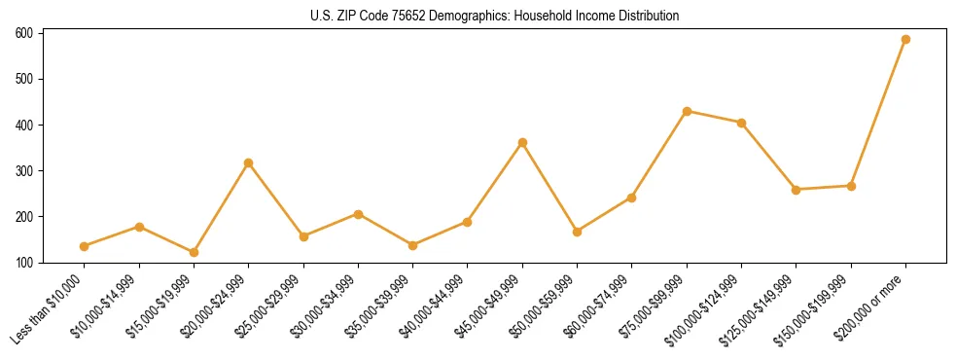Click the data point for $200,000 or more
905,40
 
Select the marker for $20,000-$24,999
249,162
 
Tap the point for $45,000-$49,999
522,142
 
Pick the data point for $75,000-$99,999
687,111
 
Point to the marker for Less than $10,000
85,246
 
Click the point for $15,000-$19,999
194,252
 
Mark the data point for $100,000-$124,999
741,123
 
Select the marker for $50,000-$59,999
577,232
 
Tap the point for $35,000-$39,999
412,245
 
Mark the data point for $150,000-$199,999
851,186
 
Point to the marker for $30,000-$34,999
358,214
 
